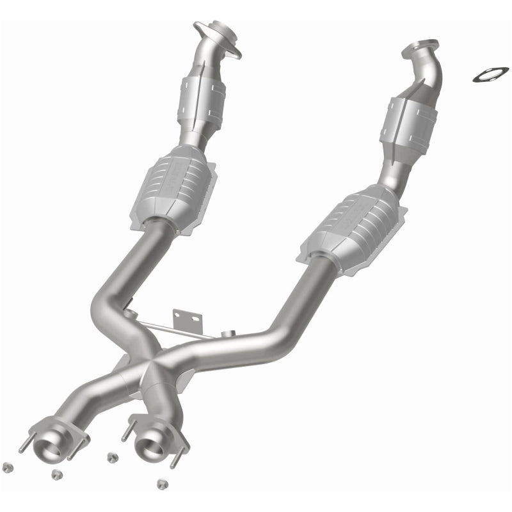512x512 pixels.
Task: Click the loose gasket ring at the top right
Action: click(490, 74)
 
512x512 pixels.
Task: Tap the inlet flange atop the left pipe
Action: click(218, 38)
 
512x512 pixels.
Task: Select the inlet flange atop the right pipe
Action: click(421, 51)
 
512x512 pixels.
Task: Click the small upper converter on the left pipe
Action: click(202, 100)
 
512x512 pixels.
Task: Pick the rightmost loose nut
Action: click(161, 484)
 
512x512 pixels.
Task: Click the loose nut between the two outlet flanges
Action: click(113, 457)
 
